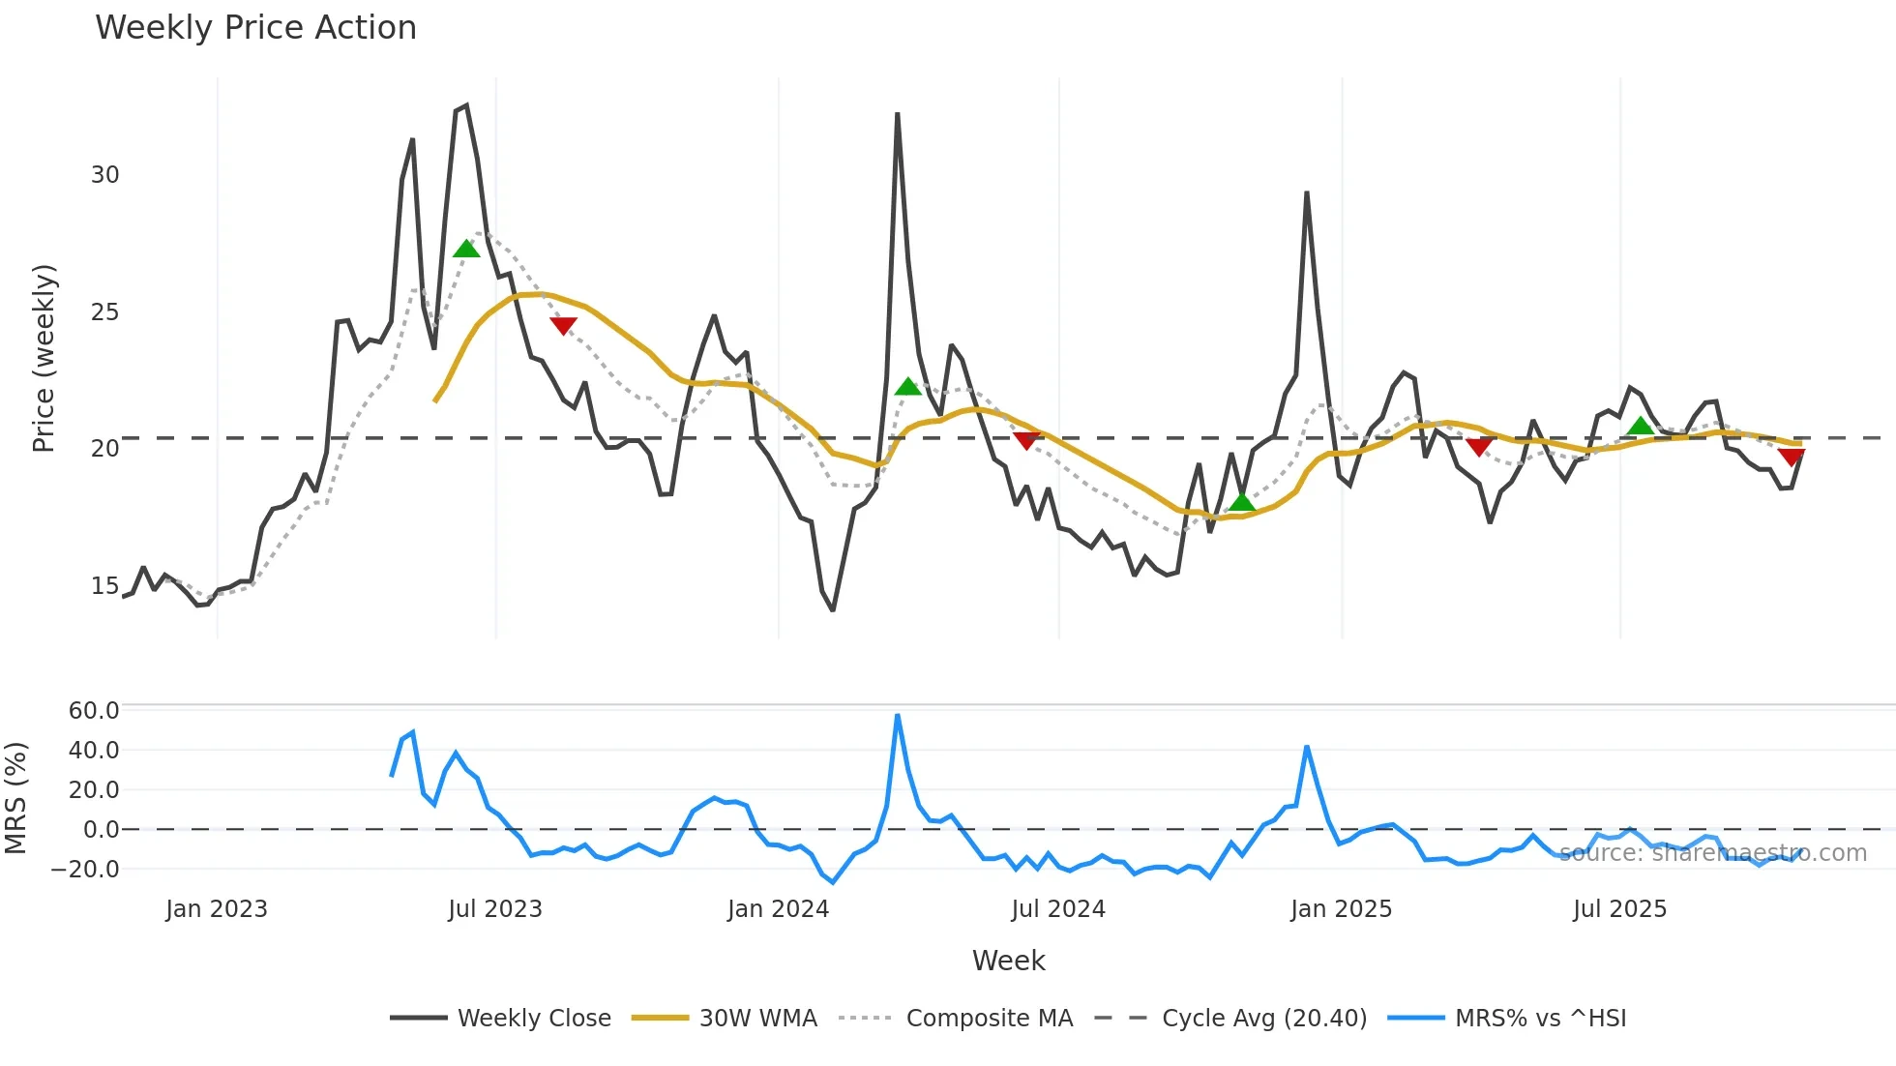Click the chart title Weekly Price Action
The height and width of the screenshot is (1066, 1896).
click(255, 28)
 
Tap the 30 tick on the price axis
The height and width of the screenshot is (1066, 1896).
click(104, 175)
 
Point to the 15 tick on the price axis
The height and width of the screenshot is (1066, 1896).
click(104, 586)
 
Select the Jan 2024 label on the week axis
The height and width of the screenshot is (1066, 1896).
click(778, 909)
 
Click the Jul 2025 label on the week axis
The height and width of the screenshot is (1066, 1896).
click(1619, 909)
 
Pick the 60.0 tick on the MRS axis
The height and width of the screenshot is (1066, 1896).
click(94, 711)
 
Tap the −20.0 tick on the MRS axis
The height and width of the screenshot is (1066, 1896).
click(85, 870)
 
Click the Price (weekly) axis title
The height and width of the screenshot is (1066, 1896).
click(44, 358)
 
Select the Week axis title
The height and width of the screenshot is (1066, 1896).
click(1008, 961)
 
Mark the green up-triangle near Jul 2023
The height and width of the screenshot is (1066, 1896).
click(466, 250)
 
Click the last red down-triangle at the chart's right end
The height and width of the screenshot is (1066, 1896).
click(1791, 457)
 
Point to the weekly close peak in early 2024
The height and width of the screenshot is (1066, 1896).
click(898, 115)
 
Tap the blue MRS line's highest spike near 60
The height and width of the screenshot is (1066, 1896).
click(898, 716)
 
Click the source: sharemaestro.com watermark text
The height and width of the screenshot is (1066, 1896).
click(1712, 853)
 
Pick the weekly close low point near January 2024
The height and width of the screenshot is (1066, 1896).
click(833, 609)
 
